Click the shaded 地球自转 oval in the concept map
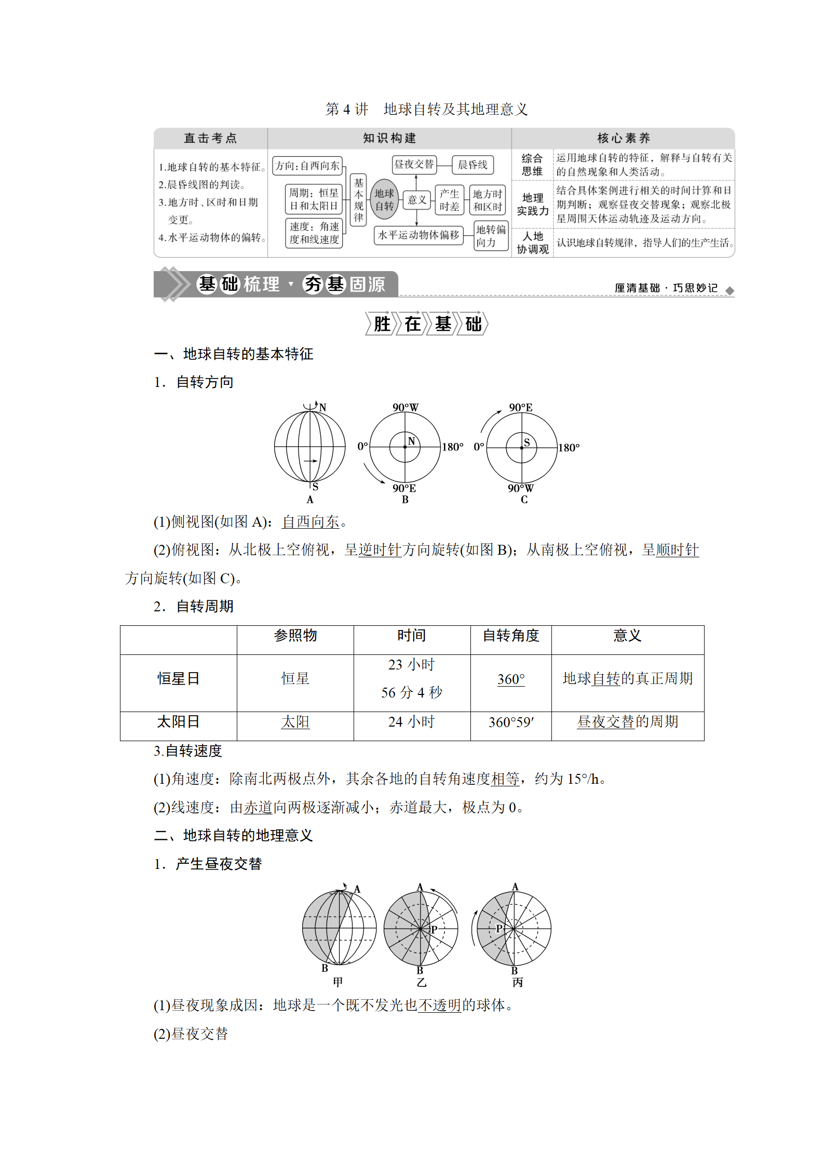click(384, 200)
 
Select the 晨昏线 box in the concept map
click(472, 165)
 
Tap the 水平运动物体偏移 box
click(418, 235)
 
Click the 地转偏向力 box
click(491, 236)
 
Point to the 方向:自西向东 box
click(307, 166)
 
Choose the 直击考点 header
click(210, 138)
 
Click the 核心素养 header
click(623, 138)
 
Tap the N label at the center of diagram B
click(411, 441)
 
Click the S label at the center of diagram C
click(526, 443)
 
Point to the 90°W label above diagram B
click(406, 408)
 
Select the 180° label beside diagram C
click(569, 448)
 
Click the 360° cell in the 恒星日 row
click(511, 679)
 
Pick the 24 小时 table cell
click(411, 722)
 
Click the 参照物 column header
click(295, 636)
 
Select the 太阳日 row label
click(178, 722)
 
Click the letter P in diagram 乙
click(434, 930)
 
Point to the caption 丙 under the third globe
click(518, 983)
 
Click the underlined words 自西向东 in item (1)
click(310, 522)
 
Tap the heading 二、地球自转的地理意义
click(234, 836)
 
